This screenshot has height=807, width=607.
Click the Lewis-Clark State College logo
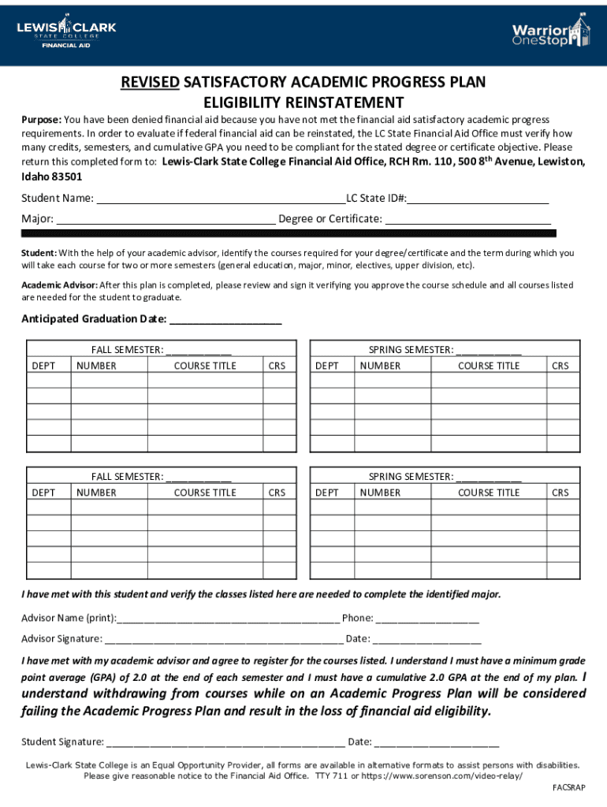[67, 32]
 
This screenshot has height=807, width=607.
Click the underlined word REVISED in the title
[150, 83]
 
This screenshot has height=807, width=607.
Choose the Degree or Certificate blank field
[467, 218]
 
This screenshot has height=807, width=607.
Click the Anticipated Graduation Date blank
[225, 319]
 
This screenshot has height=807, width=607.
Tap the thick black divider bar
[289, 233]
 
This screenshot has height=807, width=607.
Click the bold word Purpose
[41, 120]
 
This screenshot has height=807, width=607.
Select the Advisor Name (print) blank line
[229, 618]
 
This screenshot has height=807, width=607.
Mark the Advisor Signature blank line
[224, 638]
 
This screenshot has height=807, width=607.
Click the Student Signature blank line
[225, 742]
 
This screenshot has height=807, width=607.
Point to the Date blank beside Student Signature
[437, 742]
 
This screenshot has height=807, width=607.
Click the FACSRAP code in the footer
[569, 787]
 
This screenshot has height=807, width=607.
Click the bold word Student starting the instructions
[39, 253]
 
